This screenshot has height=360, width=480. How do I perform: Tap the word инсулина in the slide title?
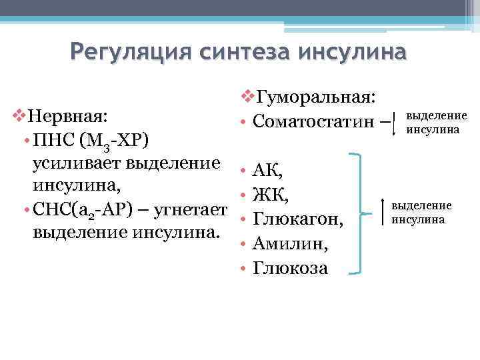coord(353,51)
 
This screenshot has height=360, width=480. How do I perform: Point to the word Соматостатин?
coord(309,123)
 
